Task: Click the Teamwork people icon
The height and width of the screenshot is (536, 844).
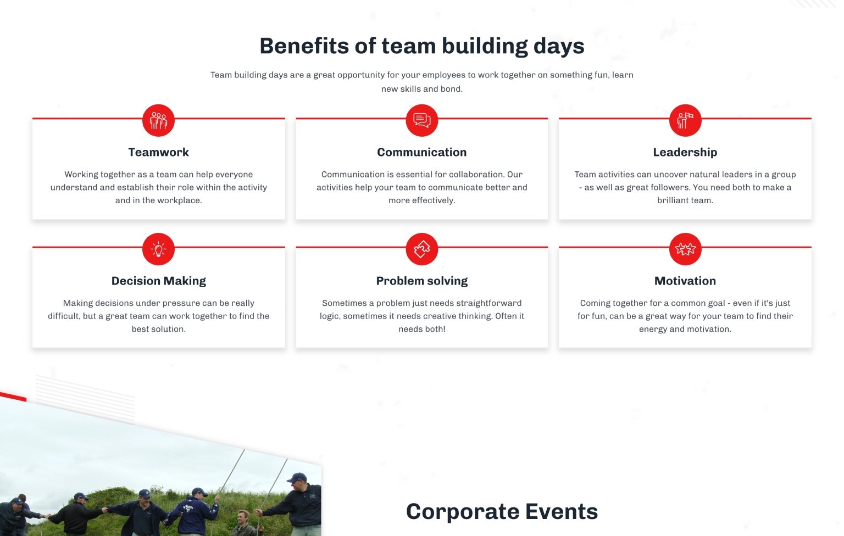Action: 158,120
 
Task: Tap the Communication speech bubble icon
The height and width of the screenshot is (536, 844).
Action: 421,120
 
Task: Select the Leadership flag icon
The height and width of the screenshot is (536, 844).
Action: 685,120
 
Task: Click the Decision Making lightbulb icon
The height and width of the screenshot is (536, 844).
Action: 158,249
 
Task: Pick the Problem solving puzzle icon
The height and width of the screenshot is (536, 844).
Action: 421,249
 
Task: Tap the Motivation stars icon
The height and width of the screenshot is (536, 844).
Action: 685,249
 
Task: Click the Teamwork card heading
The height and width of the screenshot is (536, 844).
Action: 159,152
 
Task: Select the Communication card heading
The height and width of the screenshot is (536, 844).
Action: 421,152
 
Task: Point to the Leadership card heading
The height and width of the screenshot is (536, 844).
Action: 685,152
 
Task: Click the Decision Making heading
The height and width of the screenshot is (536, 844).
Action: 159,281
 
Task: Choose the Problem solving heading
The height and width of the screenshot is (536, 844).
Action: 421,281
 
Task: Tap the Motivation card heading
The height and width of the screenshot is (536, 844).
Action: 685,281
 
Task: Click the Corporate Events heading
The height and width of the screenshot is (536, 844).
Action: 502,511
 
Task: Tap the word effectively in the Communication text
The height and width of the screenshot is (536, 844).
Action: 434,201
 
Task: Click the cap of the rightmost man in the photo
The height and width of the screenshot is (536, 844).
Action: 297,478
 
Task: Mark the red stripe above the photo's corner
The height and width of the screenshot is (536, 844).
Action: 13,397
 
